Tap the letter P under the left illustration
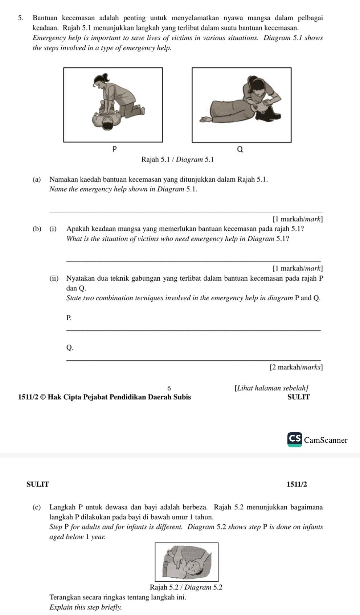(114, 149)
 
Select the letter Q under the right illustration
(240, 149)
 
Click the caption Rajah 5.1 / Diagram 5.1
(178, 159)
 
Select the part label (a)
(36, 179)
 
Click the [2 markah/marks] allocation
(296, 367)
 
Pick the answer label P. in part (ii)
(69, 318)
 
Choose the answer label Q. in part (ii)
(70, 347)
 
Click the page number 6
(169, 388)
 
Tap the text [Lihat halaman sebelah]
(272, 388)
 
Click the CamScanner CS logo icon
(295, 439)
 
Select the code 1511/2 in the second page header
(296, 484)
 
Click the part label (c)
(36, 507)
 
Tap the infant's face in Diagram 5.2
(193, 566)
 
